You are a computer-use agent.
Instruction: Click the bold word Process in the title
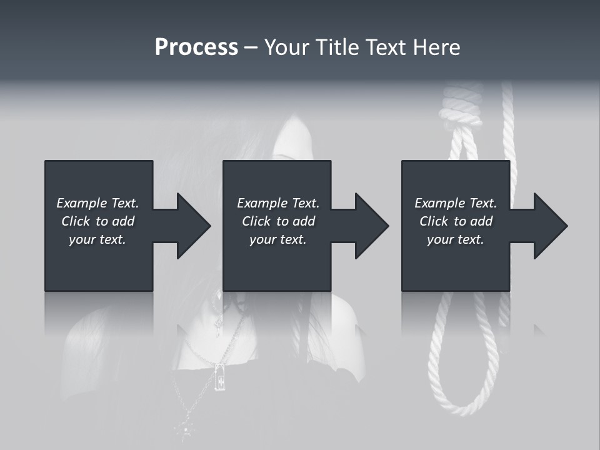(x=196, y=47)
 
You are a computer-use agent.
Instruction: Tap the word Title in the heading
(x=336, y=47)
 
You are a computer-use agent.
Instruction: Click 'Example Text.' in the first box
(x=97, y=203)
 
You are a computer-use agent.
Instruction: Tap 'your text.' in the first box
(x=97, y=239)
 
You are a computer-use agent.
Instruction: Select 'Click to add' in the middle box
(x=278, y=221)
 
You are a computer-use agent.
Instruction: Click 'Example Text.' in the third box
(x=456, y=203)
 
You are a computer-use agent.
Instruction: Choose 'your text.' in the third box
(x=456, y=239)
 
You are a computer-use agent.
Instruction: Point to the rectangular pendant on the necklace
(x=219, y=377)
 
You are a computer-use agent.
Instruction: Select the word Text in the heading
(x=384, y=47)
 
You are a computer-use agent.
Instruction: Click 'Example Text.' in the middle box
(x=278, y=203)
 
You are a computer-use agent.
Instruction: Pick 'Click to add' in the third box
(x=456, y=221)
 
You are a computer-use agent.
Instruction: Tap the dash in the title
(x=251, y=47)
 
